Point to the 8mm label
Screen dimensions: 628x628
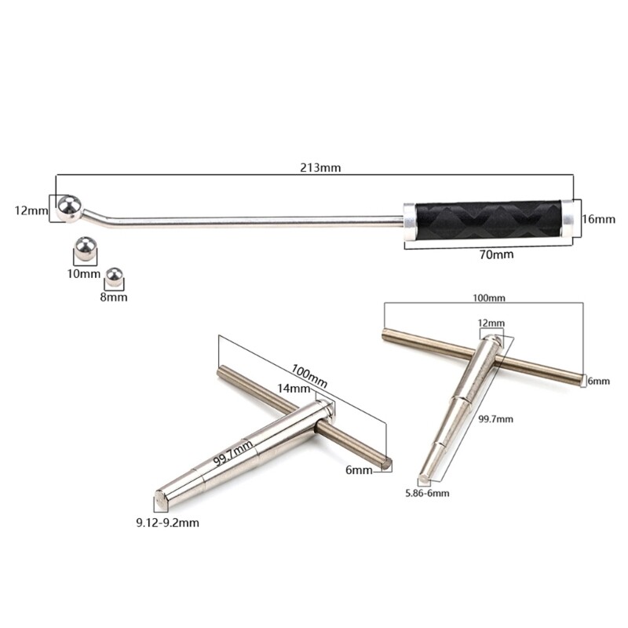pyautogui.click(x=115, y=298)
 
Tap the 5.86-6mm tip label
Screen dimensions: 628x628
pyautogui.click(x=427, y=492)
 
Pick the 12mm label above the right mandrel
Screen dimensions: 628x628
pyautogui.click(x=491, y=323)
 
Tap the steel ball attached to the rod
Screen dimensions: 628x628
pyautogui.click(x=68, y=208)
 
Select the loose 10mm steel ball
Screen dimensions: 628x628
pyautogui.click(x=84, y=250)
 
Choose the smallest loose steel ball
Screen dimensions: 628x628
pyautogui.click(x=115, y=278)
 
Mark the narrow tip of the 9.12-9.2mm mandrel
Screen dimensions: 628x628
pyautogui.click(x=159, y=496)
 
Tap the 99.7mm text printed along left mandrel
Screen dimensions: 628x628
pyautogui.click(x=234, y=453)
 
